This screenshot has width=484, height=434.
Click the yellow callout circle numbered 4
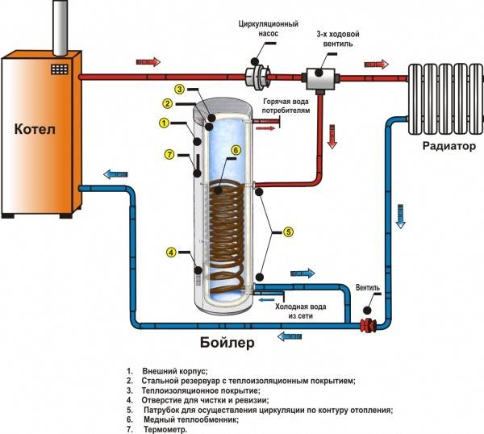tap(171, 252)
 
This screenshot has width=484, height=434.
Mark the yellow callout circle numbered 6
tap(236, 150)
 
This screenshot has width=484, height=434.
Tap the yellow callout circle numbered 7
tap(169, 154)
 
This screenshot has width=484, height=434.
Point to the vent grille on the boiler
tap(59, 69)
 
